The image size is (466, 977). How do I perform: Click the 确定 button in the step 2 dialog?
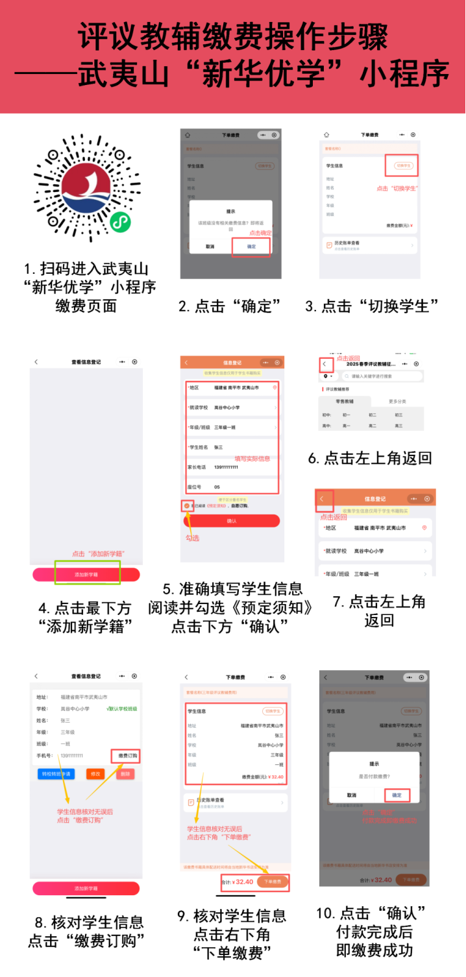pyautogui.click(x=251, y=247)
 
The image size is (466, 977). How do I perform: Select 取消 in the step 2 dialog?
pyautogui.click(x=210, y=247)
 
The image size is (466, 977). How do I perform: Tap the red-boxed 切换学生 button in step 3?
pyautogui.click(x=402, y=165)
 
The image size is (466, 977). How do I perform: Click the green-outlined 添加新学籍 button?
pyautogui.click(x=87, y=574)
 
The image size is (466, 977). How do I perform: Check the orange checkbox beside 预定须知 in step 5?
pyautogui.click(x=187, y=505)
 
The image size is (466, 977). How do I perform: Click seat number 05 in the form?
pyautogui.click(x=217, y=487)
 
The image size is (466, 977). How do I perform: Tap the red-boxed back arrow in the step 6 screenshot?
pyautogui.click(x=326, y=365)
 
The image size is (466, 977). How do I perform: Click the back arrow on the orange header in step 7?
pyautogui.click(x=323, y=499)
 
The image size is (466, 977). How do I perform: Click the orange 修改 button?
pyautogui.click(x=95, y=774)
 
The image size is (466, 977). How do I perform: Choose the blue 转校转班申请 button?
pyautogui.click(x=56, y=774)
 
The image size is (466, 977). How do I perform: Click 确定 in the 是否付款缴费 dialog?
pyautogui.click(x=397, y=795)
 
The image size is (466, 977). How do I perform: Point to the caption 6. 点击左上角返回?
pyautogui.click(x=370, y=459)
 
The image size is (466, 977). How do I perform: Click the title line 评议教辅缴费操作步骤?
pyautogui.click(x=233, y=38)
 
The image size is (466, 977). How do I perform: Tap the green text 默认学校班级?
pyautogui.click(x=123, y=709)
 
